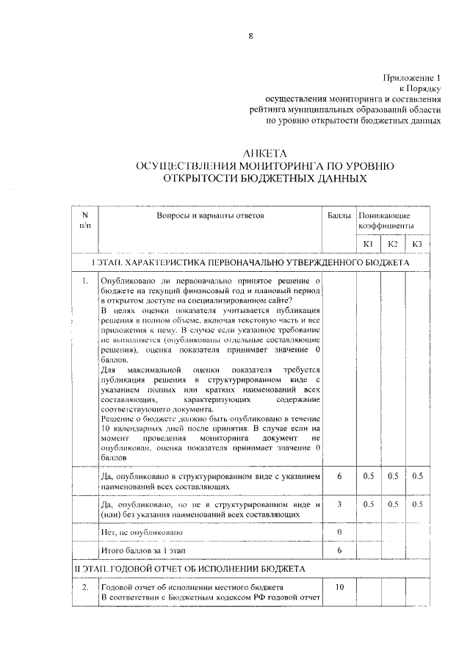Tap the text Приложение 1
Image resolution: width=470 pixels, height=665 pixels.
[x=411, y=77]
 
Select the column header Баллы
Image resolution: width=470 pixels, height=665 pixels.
[x=339, y=216]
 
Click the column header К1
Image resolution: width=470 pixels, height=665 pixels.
[x=369, y=244]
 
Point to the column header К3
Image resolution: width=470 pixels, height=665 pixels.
[x=417, y=244]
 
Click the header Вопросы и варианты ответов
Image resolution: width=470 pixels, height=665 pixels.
[x=209, y=216]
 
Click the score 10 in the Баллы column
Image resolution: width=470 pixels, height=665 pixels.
[x=339, y=588]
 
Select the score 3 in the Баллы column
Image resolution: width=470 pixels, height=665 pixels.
[x=339, y=504]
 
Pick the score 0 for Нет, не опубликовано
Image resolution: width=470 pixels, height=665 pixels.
[x=339, y=531]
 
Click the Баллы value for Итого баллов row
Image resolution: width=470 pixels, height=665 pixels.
[x=339, y=550]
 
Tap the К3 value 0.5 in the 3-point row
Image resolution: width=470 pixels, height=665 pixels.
[x=417, y=504]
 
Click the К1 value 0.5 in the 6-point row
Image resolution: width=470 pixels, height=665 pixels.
[x=369, y=476]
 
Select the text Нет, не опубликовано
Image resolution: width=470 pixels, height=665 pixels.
[x=141, y=531]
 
